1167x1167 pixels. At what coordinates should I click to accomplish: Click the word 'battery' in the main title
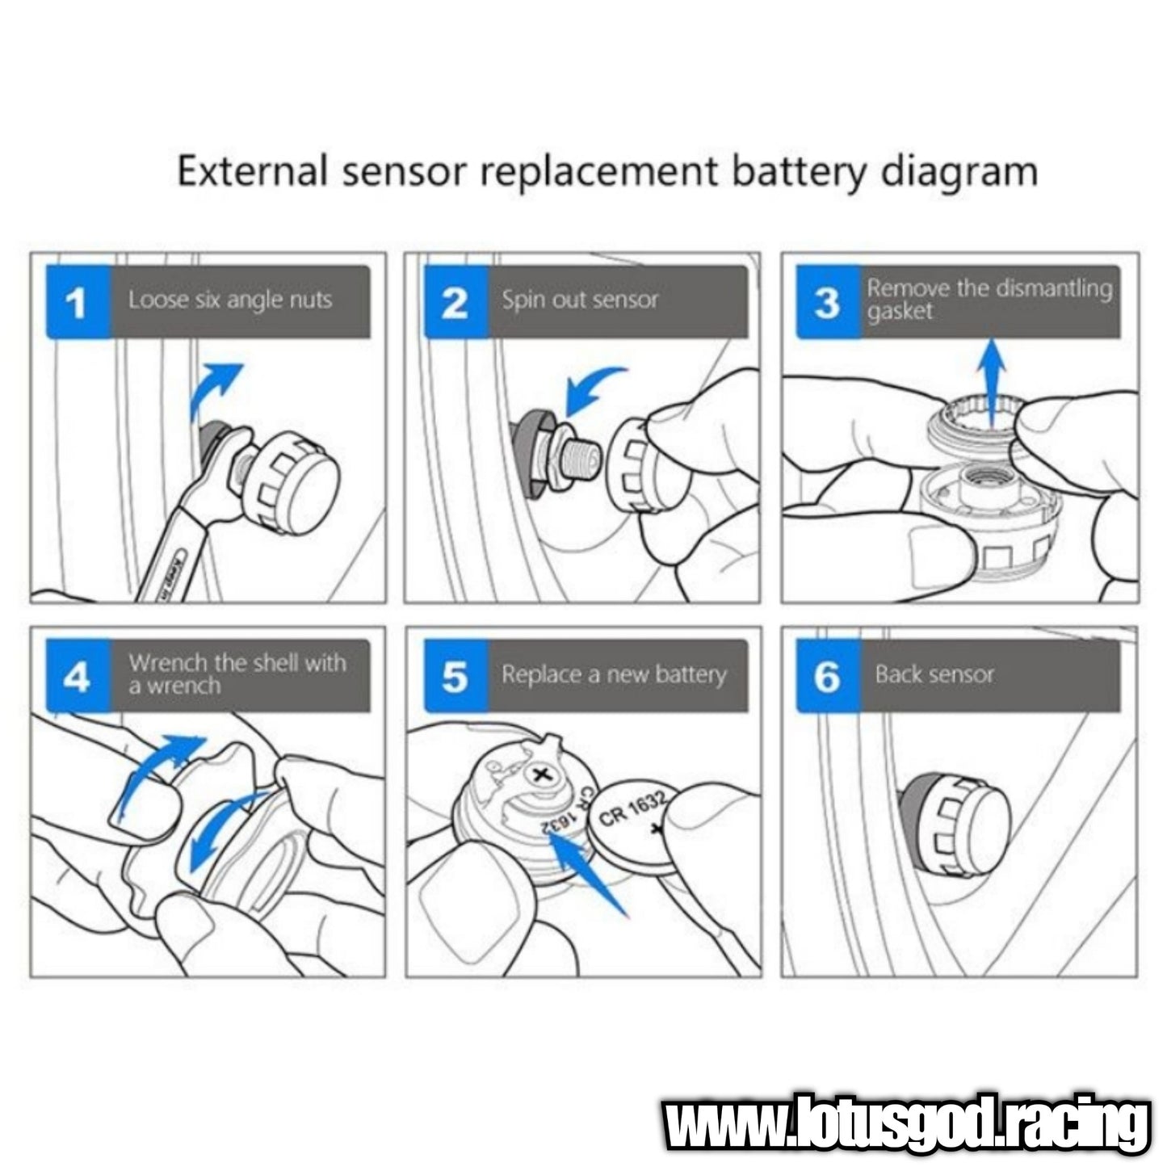[x=800, y=173]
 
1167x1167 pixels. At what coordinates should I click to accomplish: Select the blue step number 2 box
[x=455, y=301]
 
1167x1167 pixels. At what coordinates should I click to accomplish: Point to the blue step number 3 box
[x=828, y=301]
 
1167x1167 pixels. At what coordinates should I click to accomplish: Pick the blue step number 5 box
[x=455, y=676]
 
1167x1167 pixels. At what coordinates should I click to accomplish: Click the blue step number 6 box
[x=828, y=676]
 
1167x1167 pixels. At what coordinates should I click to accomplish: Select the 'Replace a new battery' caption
[x=614, y=674]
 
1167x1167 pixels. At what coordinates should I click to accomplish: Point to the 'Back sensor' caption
[x=934, y=674]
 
